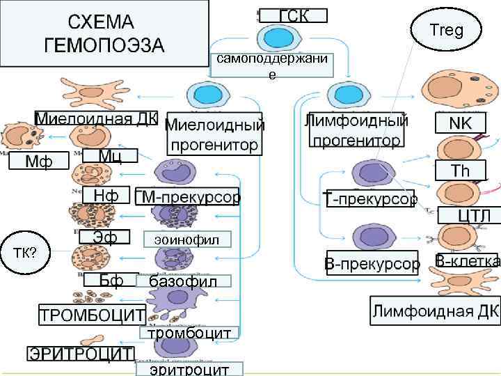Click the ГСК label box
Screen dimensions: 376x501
coord(293,15)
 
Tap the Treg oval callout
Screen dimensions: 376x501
coord(446,29)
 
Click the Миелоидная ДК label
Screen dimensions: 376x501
coord(97,117)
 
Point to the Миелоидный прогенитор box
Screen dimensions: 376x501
coord(215,135)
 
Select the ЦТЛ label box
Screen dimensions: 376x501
coord(469,215)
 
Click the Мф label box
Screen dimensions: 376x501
coord(38,162)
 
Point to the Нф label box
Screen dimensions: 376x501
coord(106,196)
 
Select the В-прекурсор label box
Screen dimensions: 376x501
coord(372,265)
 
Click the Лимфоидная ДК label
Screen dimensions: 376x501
coord(434,311)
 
